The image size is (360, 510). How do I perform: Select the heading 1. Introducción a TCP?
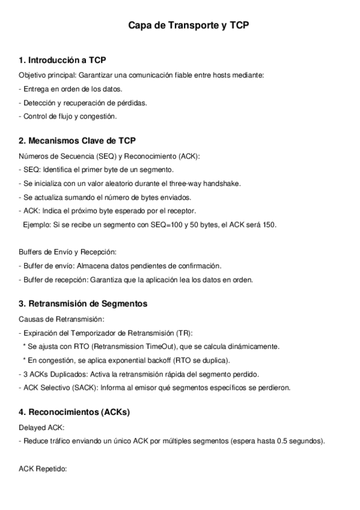point(63,60)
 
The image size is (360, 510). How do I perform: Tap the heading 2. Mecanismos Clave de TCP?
point(77,141)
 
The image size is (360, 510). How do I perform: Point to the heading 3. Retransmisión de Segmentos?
point(83,304)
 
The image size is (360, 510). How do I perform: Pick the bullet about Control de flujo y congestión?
point(68,116)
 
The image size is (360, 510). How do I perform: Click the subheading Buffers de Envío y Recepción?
point(67,251)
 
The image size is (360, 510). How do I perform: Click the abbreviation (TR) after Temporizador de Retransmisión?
point(185,333)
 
